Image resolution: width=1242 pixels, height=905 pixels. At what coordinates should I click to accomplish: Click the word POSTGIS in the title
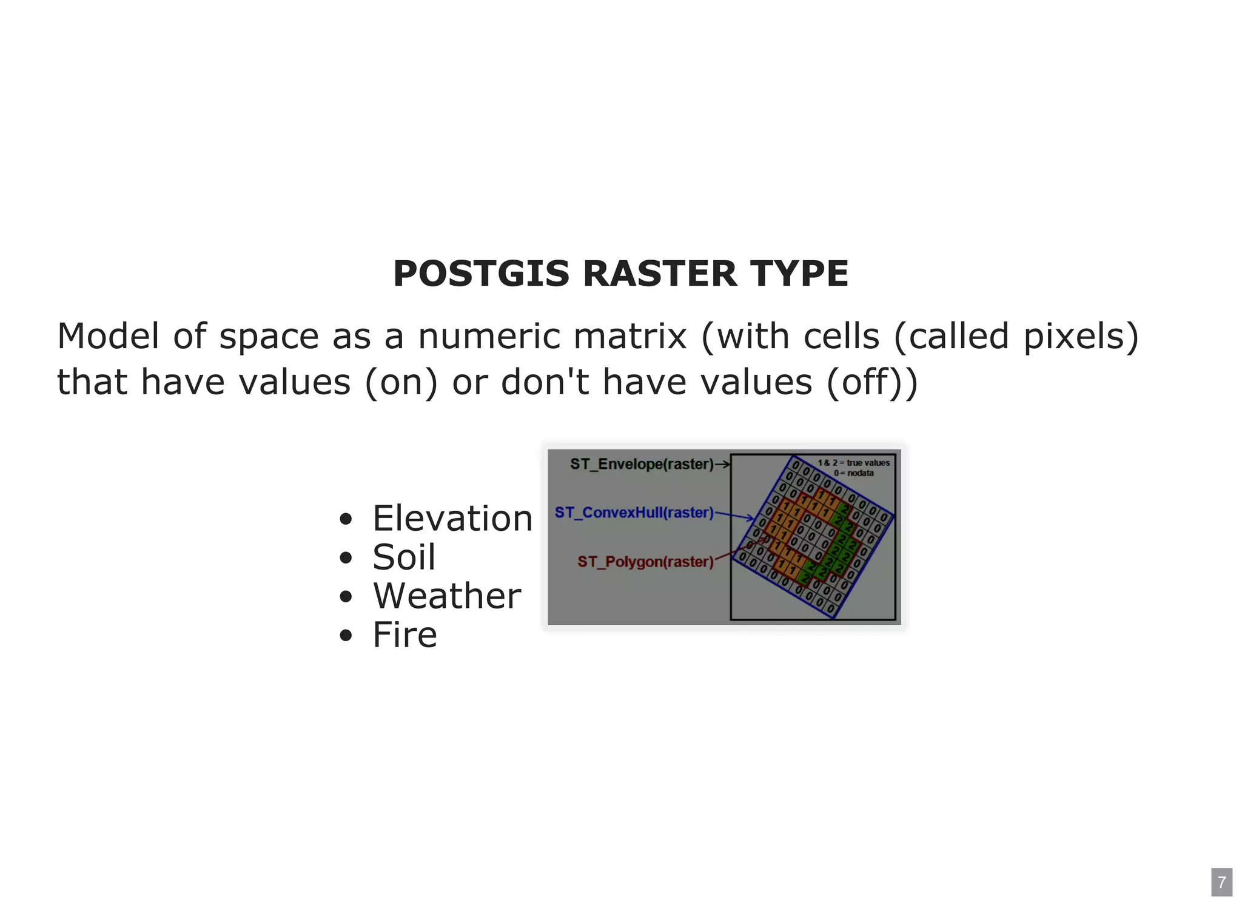[x=481, y=274]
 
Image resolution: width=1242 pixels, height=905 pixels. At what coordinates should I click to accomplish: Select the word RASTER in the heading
[x=659, y=274]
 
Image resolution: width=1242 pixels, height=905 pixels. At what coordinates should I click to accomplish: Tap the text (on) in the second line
[x=401, y=383]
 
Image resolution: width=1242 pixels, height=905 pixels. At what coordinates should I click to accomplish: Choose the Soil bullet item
[x=404, y=557]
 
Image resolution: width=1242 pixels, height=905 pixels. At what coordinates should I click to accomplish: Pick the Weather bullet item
[x=447, y=596]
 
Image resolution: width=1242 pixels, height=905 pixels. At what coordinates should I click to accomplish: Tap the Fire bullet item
[x=404, y=635]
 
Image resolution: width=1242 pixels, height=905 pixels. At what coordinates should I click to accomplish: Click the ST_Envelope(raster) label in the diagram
[x=642, y=464]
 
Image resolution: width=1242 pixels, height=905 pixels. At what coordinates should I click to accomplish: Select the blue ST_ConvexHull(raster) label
[x=634, y=513]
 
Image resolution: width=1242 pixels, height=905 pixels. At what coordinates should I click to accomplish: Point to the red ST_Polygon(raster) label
[x=645, y=562]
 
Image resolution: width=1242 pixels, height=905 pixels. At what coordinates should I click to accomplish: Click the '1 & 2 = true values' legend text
[x=853, y=463]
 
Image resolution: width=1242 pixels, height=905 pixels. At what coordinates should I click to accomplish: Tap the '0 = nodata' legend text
[x=853, y=473]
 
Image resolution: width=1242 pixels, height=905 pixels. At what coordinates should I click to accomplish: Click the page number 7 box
[x=1221, y=882]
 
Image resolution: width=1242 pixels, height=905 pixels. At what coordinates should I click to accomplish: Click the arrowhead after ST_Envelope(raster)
[x=725, y=465]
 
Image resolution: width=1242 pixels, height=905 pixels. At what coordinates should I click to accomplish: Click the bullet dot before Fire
[x=346, y=636]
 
